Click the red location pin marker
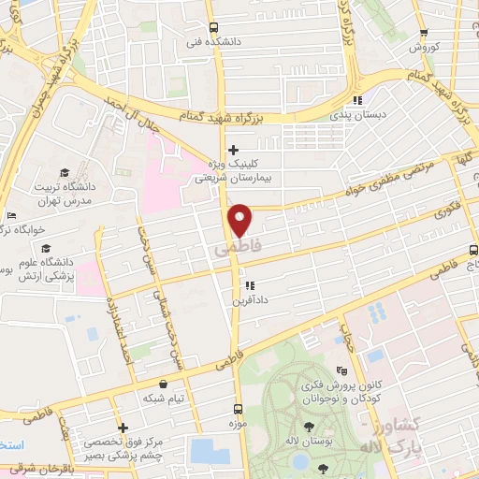pyautogui.click(x=240, y=218)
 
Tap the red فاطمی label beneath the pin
pyautogui.click(x=234, y=251)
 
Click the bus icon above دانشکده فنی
pyautogui.click(x=213, y=27)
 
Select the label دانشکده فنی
pyautogui.click(x=208, y=41)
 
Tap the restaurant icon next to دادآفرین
pyautogui.click(x=248, y=285)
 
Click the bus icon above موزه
pyautogui.click(x=238, y=409)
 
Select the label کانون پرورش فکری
pyautogui.click(x=338, y=386)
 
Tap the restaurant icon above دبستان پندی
pyautogui.click(x=356, y=100)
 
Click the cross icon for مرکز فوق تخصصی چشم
pyautogui.click(x=123, y=428)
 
